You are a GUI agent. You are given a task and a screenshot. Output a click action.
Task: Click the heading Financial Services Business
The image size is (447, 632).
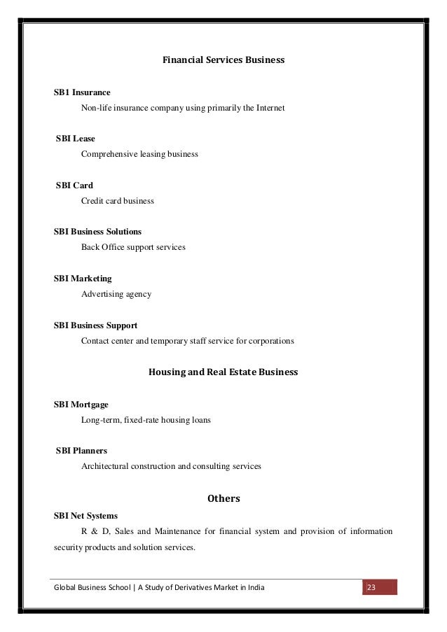coord(224,60)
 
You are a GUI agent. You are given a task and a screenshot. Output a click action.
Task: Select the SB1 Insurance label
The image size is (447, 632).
coord(82,92)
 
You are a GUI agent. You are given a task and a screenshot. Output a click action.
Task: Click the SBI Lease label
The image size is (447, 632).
coord(76,139)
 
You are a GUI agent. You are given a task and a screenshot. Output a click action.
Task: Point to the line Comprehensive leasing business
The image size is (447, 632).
coord(139,153)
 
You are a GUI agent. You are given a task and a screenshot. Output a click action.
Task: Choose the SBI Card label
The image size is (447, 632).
coord(74,185)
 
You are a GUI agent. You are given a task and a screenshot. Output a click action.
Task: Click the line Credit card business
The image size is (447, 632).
coord(118,201)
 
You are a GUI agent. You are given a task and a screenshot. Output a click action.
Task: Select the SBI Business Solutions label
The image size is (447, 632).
coord(98,232)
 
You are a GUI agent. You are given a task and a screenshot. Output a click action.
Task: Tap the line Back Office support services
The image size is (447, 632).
coord(133,247)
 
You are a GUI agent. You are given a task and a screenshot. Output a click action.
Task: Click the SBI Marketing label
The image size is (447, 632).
coord(83,279)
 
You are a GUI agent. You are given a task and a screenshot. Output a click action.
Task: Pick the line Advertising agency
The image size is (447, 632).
coord(116,294)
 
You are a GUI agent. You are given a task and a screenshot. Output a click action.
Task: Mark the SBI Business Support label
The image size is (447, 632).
coord(96,325)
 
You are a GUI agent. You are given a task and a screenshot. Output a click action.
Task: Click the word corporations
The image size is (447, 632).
coord(270,342)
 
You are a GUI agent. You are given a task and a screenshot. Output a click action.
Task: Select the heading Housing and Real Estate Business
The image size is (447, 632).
coord(224,372)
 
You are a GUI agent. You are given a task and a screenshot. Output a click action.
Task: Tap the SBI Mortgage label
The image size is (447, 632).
coord(81,405)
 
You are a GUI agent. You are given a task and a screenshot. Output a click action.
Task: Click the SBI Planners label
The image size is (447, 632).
coord(81,450)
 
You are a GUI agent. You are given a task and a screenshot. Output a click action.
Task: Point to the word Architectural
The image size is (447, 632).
coord(105,465)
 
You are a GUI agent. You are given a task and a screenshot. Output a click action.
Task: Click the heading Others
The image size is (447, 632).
coord(224,499)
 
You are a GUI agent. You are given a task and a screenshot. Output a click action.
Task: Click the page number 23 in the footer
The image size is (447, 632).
coord(372,587)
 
